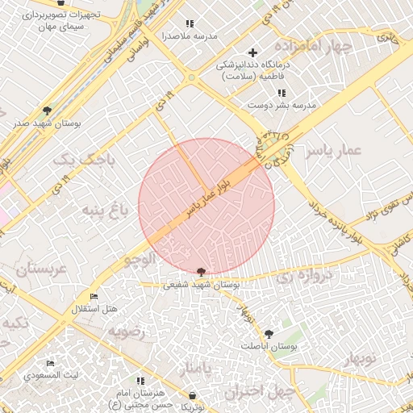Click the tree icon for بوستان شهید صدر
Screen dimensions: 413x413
pyautogui.click(x=47, y=111)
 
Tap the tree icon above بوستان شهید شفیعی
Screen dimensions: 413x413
pyautogui.click(x=201, y=272)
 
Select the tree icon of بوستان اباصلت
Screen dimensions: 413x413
pyautogui.click(x=269, y=333)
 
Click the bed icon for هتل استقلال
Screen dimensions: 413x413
pyautogui.click(x=94, y=297)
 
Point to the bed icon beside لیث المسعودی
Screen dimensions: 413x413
pyautogui.click(x=51, y=364)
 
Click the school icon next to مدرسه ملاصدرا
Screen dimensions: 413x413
pyautogui.click(x=190, y=24)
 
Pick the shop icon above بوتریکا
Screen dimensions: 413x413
pyautogui.click(x=192, y=395)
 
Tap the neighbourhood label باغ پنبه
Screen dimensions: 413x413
pyautogui.click(x=104, y=211)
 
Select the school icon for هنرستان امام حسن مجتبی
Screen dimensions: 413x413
pyautogui.click(x=141, y=380)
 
